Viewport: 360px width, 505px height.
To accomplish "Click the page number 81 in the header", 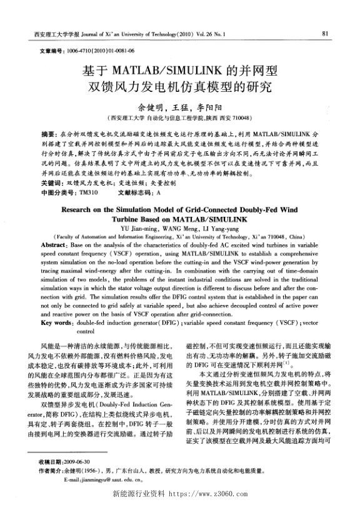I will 326,32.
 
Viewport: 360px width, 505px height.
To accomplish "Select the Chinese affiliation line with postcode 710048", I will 181,117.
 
